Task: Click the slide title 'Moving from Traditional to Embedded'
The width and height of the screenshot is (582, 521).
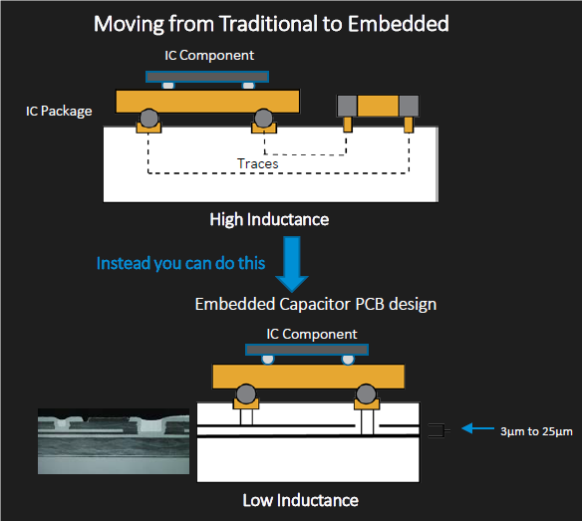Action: [x=271, y=24]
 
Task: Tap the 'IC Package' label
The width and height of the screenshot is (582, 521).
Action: [x=59, y=111]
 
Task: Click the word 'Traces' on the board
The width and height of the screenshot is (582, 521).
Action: [x=257, y=163]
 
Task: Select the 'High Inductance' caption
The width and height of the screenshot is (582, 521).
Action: [x=269, y=219]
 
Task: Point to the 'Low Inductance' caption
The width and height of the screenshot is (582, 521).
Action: [x=301, y=500]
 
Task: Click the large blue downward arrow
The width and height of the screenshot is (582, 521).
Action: [x=292, y=263]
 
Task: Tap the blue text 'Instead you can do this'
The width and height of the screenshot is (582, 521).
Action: [x=180, y=263]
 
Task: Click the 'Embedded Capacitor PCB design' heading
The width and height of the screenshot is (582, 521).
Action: [x=316, y=304]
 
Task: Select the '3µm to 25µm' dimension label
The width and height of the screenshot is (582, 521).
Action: [x=536, y=431]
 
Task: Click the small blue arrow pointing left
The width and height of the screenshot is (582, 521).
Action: [x=477, y=428]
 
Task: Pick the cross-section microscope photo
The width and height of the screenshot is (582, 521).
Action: [x=114, y=441]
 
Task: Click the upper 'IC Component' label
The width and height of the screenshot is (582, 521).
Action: [x=209, y=56]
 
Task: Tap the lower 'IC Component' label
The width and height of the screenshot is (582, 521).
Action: [x=312, y=334]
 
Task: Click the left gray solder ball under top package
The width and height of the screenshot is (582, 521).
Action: [x=149, y=118]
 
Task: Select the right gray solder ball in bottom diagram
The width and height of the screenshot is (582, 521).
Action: [x=366, y=393]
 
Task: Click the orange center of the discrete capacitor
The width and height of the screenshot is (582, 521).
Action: [x=378, y=106]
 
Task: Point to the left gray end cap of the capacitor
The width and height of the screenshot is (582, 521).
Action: [x=347, y=106]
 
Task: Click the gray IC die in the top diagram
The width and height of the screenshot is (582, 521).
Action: [x=207, y=77]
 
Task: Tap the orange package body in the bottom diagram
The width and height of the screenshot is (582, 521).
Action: [x=308, y=377]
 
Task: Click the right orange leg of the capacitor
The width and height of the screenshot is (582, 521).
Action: [x=409, y=125]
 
